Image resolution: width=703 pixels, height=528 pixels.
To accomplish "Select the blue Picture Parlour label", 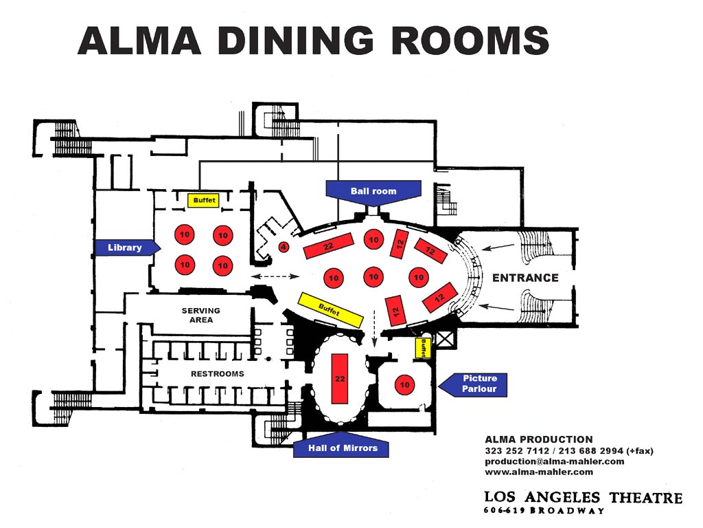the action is [474, 384].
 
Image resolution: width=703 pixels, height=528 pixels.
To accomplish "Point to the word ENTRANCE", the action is [525, 278].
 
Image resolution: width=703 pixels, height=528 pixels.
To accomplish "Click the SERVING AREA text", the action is [201, 315].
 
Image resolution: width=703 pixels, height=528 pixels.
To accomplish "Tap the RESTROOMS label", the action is [218, 373].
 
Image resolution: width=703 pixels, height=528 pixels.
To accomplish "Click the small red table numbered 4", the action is [283, 247].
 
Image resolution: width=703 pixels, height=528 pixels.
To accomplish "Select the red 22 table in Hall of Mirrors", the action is [340, 379].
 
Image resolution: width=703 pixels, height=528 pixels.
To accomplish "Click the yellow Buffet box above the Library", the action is [203, 200].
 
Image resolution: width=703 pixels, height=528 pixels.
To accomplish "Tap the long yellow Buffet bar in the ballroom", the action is [330, 310].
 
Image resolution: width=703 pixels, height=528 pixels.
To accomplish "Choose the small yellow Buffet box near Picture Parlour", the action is [422, 347].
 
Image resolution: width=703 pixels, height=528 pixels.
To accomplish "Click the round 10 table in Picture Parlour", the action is [405, 385].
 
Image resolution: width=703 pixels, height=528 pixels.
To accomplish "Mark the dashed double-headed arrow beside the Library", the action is [275, 276].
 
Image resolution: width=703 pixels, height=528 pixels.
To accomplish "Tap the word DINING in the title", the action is [296, 41].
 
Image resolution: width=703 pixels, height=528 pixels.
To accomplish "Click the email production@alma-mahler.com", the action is [555, 461].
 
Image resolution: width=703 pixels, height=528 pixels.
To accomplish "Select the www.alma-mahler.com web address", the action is [539, 472].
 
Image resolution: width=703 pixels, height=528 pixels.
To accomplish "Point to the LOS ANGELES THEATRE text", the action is [584, 498].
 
